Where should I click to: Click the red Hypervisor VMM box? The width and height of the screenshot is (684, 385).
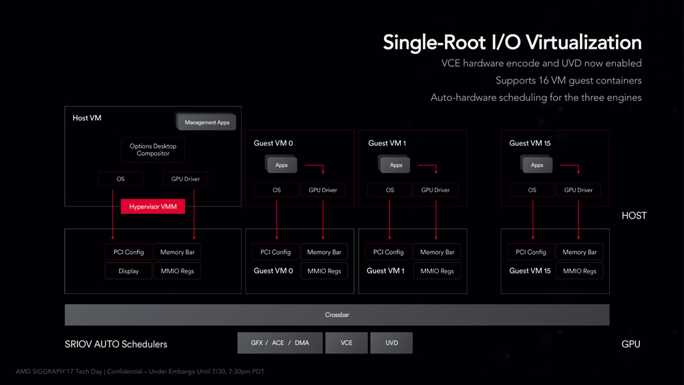153,207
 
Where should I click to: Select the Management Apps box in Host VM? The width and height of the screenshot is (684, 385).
207,122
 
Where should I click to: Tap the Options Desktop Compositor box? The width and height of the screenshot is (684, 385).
153,150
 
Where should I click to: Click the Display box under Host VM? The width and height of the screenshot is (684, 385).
128,271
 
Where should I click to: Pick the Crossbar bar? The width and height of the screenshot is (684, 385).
337,315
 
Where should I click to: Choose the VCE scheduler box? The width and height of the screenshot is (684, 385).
347,343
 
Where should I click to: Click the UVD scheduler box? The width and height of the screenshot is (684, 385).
391,343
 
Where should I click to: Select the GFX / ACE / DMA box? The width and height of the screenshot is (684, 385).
280,343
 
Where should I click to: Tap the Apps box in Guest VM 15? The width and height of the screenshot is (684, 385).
537,165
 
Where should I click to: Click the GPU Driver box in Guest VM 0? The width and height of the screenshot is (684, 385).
323,190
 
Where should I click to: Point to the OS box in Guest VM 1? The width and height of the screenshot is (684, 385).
389,190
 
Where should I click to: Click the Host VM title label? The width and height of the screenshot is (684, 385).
87,118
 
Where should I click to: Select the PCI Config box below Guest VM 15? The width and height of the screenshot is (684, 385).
530,252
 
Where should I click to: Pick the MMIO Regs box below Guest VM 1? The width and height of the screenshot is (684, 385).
437,271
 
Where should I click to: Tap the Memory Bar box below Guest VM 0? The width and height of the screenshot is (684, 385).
324,252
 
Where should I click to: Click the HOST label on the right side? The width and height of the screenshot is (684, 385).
635,216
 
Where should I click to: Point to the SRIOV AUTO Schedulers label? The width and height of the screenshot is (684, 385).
116,344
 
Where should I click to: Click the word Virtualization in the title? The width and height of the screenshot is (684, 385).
584,43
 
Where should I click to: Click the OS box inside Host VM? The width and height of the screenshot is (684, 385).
120,179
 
